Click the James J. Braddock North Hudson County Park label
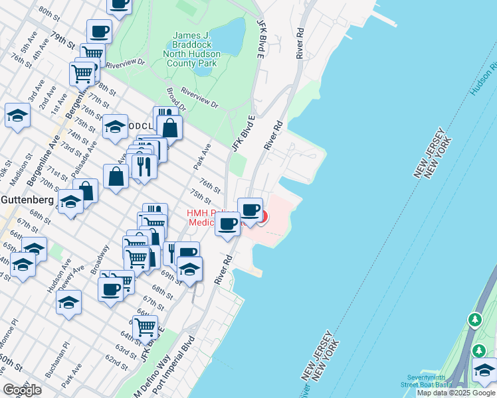click(195, 49)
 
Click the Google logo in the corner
click(22, 390)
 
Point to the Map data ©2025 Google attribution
click(456, 393)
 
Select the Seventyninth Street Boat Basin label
click(426, 381)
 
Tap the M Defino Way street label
click(148, 379)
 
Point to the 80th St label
click(49, 13)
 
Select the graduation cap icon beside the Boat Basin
click(484, 369)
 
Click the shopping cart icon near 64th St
click(145, 326)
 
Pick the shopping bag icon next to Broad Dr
click(171, 127)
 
